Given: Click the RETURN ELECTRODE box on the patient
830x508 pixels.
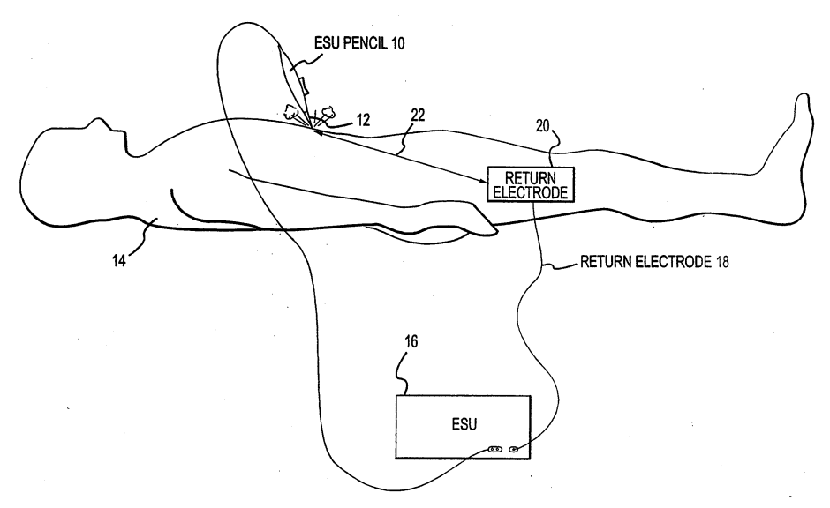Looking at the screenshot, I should point(532,184).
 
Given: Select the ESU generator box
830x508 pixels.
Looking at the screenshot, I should point(464,426).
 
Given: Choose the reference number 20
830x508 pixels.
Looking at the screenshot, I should point(542,126).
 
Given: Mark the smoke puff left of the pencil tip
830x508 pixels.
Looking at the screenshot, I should point(290,113).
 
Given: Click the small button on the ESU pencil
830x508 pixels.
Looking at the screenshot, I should point(303,86).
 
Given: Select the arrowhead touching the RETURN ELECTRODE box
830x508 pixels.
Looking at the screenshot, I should point(483,181).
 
